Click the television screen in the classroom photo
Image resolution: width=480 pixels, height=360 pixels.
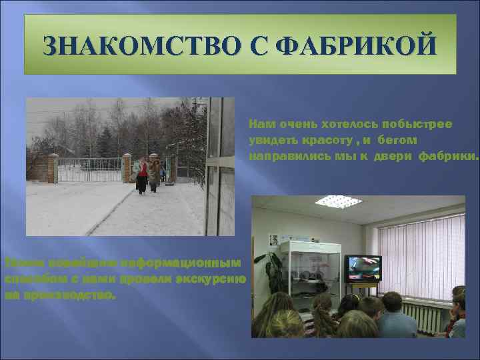coord(363,268)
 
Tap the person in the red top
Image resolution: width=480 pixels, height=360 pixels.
coord(142,173)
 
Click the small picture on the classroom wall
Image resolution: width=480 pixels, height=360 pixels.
coord(273,239)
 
